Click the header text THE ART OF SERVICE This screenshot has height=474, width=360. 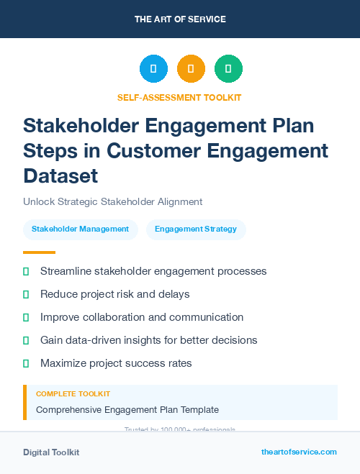tap(180, 19)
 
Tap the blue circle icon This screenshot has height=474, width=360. tap(153, 68)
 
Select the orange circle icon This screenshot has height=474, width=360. tap(191, 68)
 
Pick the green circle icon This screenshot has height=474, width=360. tap(228, 68)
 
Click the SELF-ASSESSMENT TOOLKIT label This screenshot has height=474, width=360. tap(179, 97)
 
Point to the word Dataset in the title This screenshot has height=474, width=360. tap(60, 176)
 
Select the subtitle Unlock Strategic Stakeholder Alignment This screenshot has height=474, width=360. tap(112, 202)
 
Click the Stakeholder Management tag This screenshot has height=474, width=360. tap(80, 229)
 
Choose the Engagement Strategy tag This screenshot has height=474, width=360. tap(196, 229)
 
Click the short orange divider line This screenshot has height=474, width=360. tap(39, 252)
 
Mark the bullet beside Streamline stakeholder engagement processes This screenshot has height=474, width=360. tap(27, 272)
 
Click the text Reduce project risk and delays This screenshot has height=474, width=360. tap(115, 294)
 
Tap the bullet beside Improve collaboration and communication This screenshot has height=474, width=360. tap(27, 317)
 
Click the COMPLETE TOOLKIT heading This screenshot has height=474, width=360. tap(73, 394)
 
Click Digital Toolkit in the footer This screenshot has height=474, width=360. tap(51, 452)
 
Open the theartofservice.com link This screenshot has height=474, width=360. tap(299, 452)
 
